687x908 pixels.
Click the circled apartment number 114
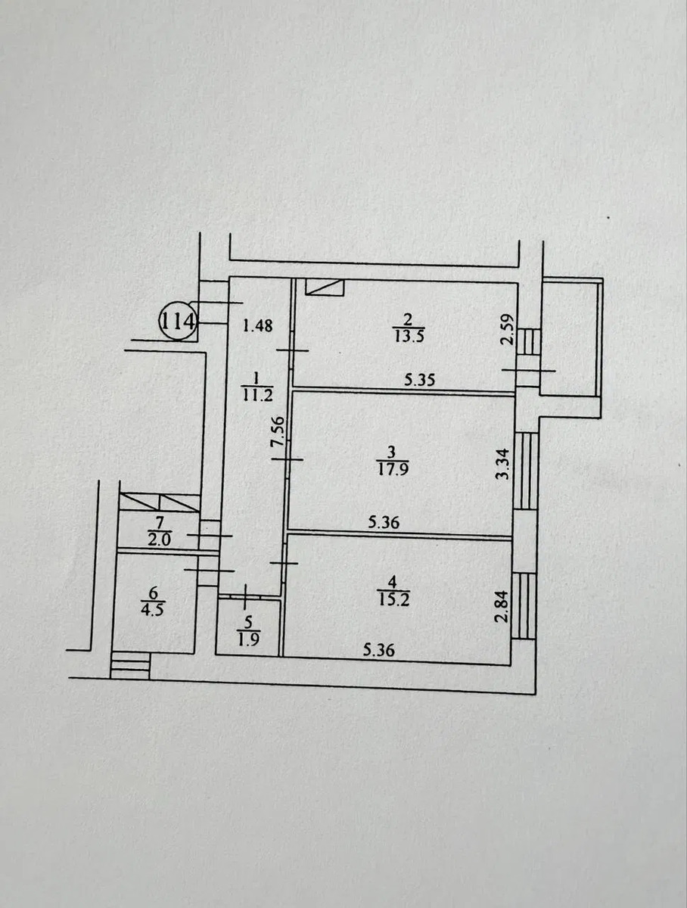point(178,321)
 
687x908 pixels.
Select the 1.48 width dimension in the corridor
point(258,326)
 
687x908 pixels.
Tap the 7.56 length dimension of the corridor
point(278,431)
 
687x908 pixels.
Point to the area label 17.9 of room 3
point(393,469)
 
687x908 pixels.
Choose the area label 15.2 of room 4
point(394,599)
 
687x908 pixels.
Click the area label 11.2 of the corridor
point(257,395)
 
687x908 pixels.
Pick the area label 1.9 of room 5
point(249,640)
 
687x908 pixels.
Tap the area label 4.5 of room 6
point(152,610)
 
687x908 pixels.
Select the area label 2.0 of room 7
point(159,540)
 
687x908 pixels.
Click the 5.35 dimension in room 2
point(420,380)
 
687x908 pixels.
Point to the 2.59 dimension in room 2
point(508,330)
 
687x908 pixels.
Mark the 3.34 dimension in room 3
point(502,464)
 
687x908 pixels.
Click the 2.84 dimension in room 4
point(502,607)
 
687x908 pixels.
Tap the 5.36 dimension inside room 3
point(384,523)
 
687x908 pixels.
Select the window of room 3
point(526,471)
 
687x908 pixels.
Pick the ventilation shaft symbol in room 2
point(325,287)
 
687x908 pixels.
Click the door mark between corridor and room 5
point(247,596)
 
